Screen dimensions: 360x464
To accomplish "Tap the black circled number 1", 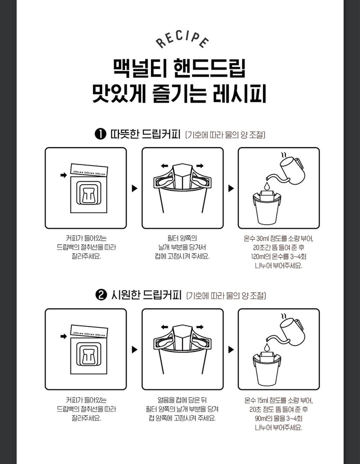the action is coord(100,134).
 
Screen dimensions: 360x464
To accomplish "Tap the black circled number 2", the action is coord(101,295).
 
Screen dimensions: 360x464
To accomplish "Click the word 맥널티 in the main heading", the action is coord(140,69).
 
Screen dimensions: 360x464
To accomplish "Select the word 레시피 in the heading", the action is coord(239,94).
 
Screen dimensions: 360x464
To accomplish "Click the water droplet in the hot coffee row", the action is coord(267,186).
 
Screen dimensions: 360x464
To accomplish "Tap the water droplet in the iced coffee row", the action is coord(267,346).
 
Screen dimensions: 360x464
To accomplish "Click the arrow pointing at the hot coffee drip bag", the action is coord(63,175).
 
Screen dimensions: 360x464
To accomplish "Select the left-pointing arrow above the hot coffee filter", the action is coord(164,166).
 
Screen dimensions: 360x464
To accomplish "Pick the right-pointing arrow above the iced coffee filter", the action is coord(200,327).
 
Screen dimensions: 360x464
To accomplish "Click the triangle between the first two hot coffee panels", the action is coord(134,188).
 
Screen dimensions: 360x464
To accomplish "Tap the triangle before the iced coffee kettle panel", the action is coord(231,349).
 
